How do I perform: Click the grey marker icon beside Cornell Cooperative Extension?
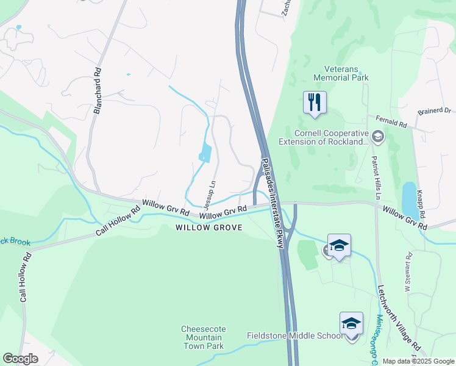377,136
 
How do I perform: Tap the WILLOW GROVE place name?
209,228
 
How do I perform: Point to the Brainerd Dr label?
433,111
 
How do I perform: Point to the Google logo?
20,359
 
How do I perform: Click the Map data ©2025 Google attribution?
418,361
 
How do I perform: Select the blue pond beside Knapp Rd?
410,199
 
